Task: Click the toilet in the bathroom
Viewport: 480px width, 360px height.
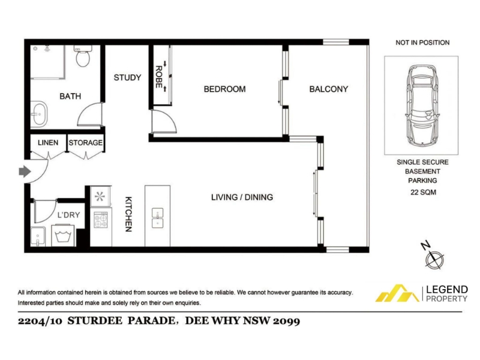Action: click(x=83, y=56)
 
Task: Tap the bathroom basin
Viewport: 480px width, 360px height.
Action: click(x=39, y=114)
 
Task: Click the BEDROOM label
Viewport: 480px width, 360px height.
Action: click(x=224, y=89)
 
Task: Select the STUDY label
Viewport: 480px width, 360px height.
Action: click(x=127, y=77)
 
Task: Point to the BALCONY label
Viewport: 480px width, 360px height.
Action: click(x=328, y=89)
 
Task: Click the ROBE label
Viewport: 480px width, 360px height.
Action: click(x=158, y=77)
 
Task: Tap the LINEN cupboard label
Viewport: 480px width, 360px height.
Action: click(x=48, y=143)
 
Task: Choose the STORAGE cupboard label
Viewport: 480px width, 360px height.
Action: click(x=86, y=143)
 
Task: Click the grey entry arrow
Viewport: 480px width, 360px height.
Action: click(x=25, y=172)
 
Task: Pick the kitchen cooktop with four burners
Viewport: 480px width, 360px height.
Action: click(x=100, y=220)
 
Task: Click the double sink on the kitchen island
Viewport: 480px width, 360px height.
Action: click(x=157, y=218)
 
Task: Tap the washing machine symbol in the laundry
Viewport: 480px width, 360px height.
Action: click(x=63, y=235)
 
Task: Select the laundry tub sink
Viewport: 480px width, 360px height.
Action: click(x=38, y=236)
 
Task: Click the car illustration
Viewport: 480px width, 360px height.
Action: click(x=421, y=106)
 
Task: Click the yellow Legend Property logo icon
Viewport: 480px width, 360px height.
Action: click(x=397, y=293)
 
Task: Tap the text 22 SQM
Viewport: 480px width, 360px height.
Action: click(x=424, y=193)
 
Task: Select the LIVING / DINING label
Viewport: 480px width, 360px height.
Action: click(x=242, y=197)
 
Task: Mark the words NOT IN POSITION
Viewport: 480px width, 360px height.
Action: click(x=422, y=43)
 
